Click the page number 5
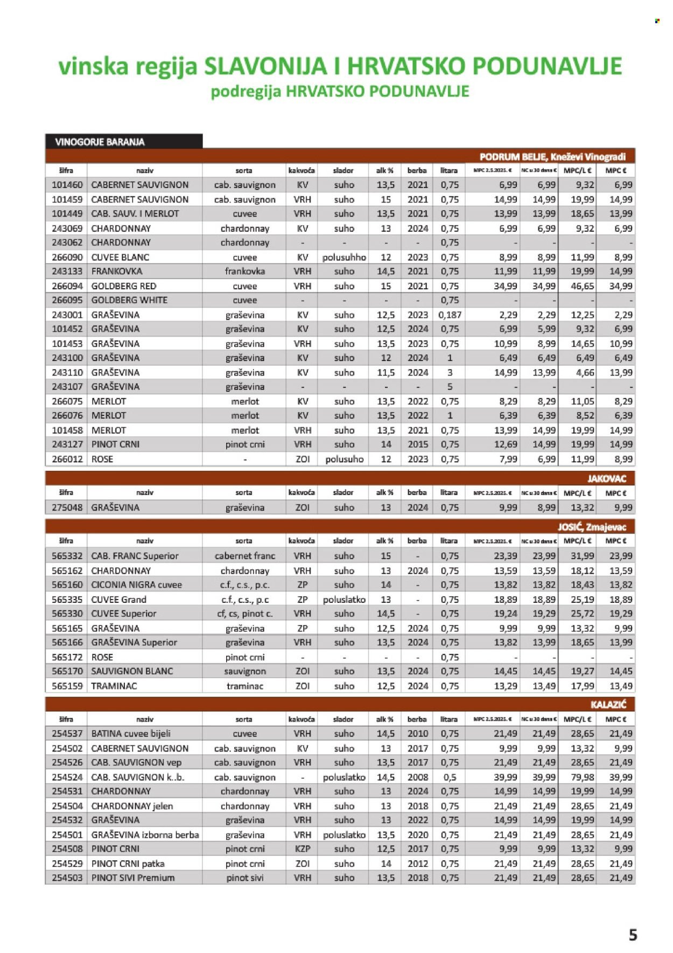pos(633,934)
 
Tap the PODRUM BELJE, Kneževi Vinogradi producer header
pos(552,157)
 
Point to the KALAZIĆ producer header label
pos(608,705)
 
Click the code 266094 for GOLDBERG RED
pos(67,286)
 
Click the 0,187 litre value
pos(450,315)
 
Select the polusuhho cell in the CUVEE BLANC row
pos(344,258)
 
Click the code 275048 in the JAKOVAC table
pos(67,507)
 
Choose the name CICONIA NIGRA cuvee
pos(137,585)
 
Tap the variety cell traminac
pos(245,686)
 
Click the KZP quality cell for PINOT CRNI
pos(303,848)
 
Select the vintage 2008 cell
pos(418,777)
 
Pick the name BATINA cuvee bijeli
pos(131,733)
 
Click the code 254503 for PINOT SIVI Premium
pos(67,878)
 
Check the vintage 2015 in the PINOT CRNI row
pos(418,444)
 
